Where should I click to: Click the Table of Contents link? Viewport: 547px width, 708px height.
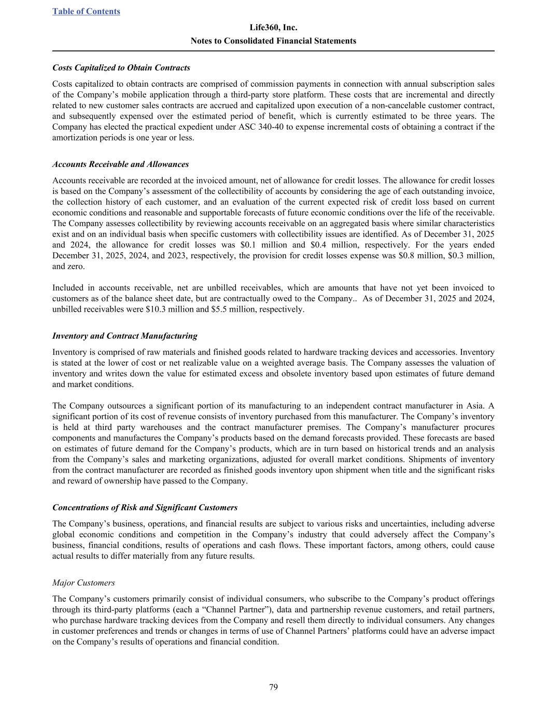tap(86, 11)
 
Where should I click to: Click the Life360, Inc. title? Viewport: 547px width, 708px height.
tap(273, 27)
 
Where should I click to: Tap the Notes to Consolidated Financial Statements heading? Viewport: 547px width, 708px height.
tap(273, 40)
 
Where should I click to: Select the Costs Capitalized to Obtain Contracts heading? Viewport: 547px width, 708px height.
tap(121, 68)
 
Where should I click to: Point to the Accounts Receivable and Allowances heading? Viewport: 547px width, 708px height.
tap(120, 164)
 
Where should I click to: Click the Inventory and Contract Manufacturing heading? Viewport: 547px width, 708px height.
tap(124, 336)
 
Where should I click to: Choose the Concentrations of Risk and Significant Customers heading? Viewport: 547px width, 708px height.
tap(145, 508)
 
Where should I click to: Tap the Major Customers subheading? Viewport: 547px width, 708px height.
tap(83, 583)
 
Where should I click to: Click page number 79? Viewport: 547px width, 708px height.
tap(273, 688)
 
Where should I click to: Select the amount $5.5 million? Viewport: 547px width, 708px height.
tap(223, 310)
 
